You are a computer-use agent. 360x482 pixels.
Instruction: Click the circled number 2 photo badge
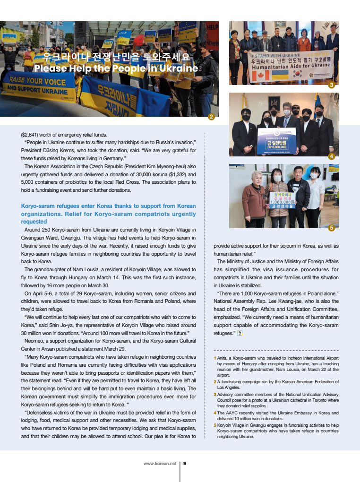click(212, 117)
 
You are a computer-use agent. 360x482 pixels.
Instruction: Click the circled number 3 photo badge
click(331, 85)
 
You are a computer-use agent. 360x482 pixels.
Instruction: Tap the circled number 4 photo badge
click(331, 156)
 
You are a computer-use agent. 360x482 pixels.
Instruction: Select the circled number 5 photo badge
click(331, 228)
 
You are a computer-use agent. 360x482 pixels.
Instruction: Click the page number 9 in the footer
click(184, 464)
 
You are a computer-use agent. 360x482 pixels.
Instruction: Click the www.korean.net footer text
click(160, 464)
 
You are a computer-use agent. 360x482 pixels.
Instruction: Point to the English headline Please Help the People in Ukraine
click(116, 69)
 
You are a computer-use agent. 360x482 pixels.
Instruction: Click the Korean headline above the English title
click(116, 58)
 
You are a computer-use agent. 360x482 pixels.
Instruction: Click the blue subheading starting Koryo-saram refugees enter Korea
click(108, 214)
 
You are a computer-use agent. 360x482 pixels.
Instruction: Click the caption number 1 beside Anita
click(214, 358)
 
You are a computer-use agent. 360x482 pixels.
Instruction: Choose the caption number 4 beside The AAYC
click(214, 413)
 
